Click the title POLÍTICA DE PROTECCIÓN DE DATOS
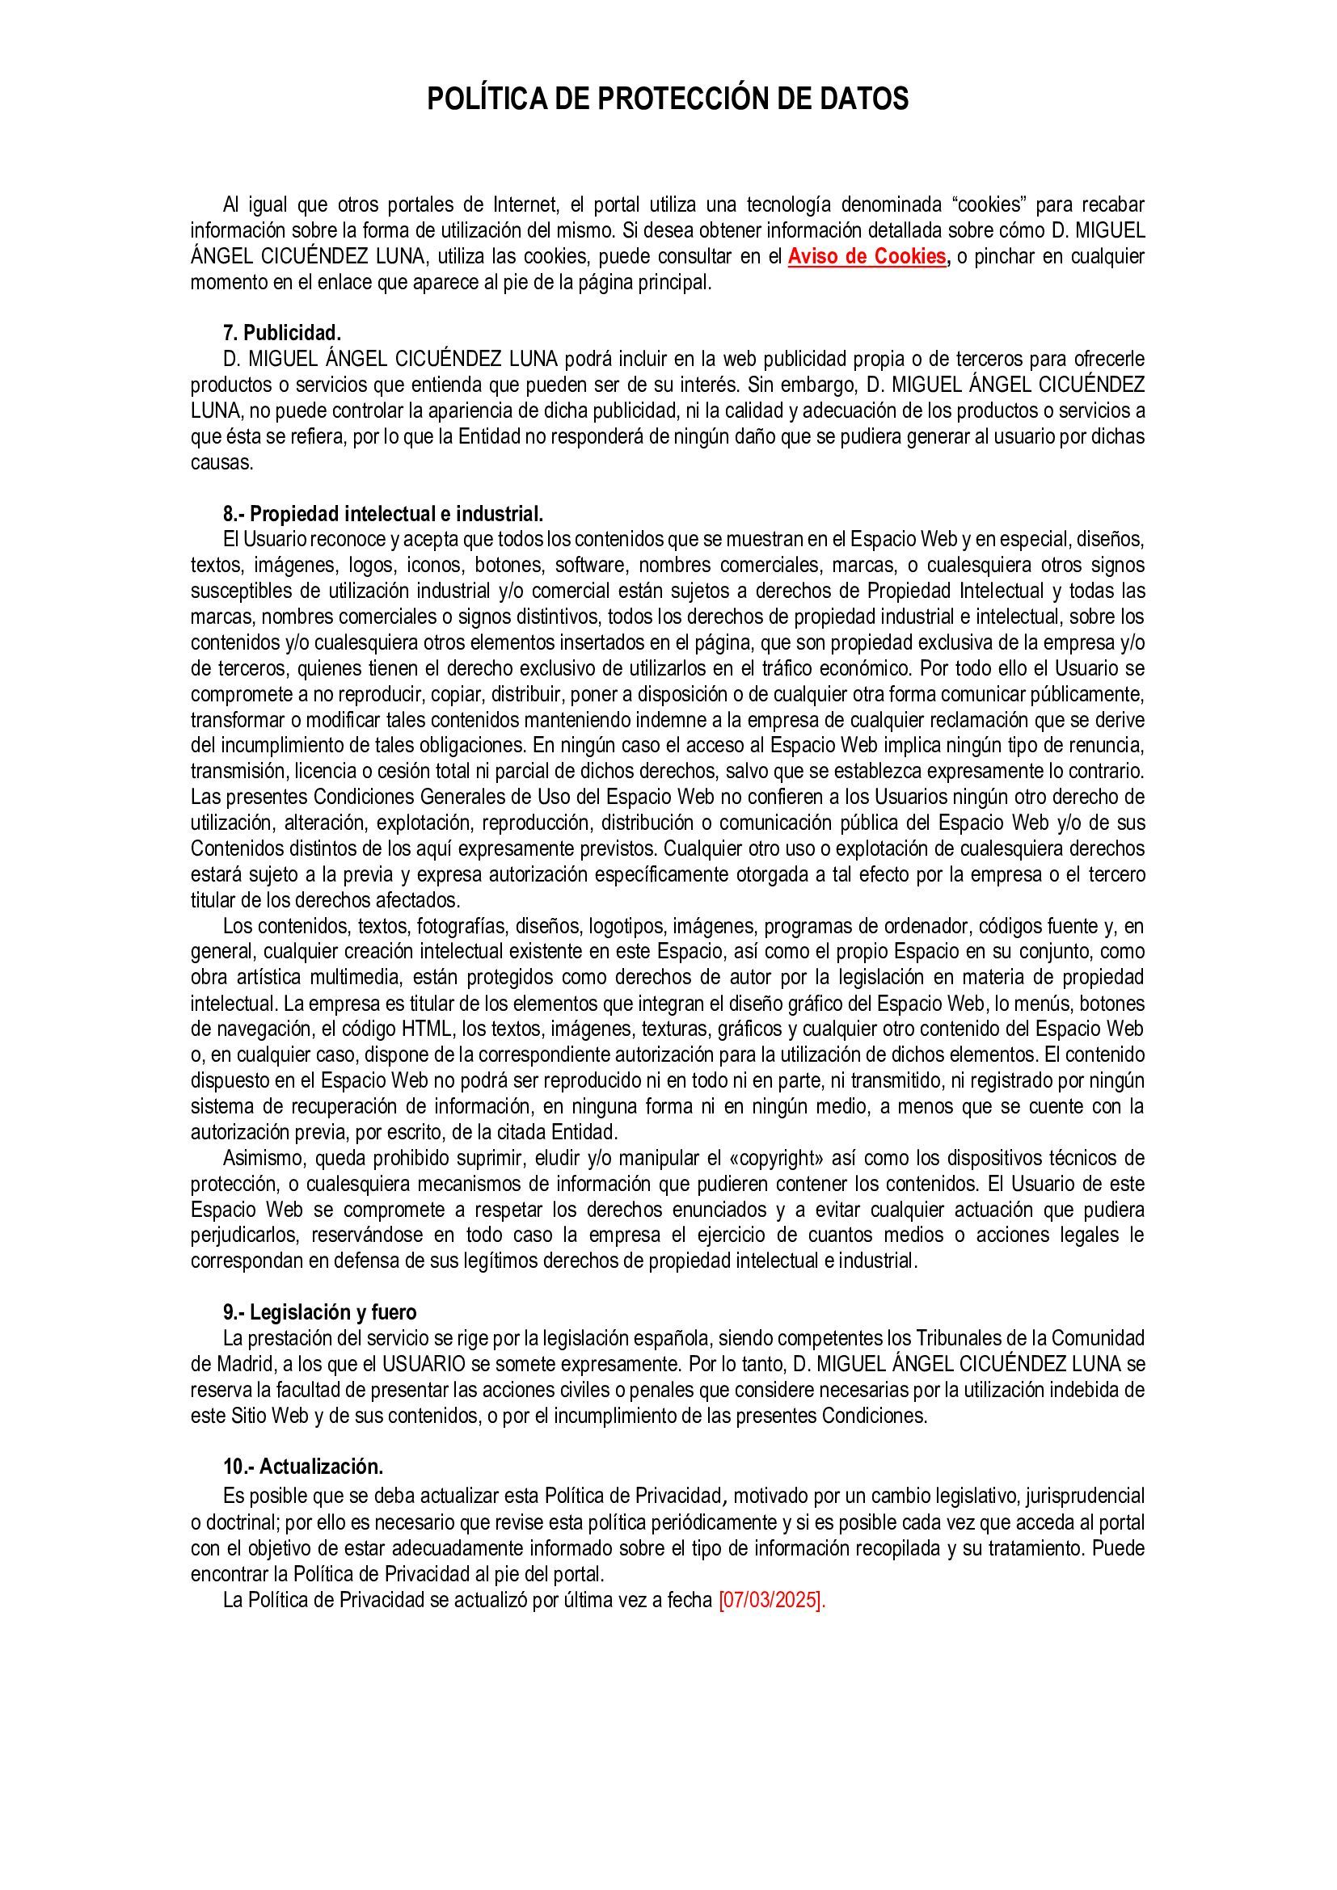pyautogui.click(x=668, y=99)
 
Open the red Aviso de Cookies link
pyautogui.click(x=867, y=257)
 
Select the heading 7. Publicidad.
pyautogui.click(x=281, y=334)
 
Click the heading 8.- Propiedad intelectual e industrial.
pyautogui.click(x=383, y=515)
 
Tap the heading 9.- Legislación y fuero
pyautogui.click(x=319, y=1312)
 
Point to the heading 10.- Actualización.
pyautogui.click(x=303, y=1467)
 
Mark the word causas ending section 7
pyautogui.click(x=221, y=463)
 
